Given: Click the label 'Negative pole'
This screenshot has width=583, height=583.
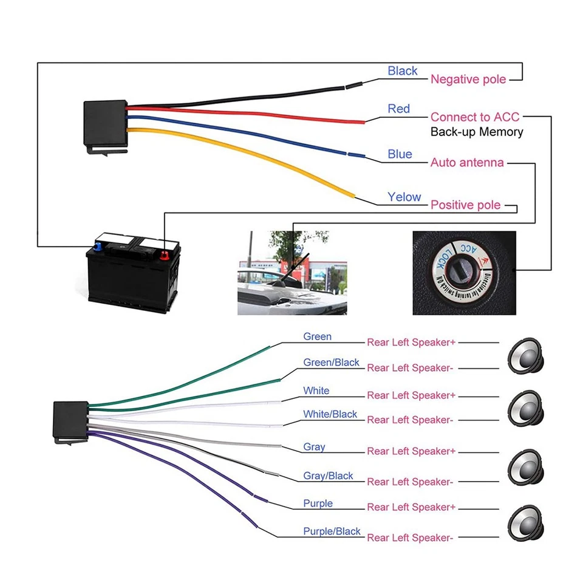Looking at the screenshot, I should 468,80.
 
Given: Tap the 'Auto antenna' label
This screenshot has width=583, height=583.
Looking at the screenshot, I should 467,163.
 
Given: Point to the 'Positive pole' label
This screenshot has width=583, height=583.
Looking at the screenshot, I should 466,205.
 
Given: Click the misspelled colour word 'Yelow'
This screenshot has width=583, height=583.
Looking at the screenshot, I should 404,197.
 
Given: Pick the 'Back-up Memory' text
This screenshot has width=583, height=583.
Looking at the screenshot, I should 477,132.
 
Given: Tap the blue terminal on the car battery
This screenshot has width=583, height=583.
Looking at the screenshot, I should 97,247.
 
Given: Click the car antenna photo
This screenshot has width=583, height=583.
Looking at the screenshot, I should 291,272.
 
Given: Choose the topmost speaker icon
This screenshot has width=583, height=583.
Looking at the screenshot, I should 526,356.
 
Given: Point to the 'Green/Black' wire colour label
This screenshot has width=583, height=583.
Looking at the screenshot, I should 331,363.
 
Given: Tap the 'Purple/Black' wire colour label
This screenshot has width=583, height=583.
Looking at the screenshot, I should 332,531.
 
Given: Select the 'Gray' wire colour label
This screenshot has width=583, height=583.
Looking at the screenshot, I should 314,447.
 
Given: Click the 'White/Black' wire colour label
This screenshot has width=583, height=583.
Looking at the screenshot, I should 330,414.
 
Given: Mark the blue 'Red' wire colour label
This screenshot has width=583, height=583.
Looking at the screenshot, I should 399,109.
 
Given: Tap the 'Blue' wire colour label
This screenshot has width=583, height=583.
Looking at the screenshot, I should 400,154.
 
